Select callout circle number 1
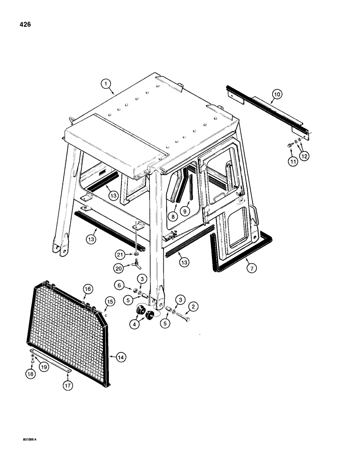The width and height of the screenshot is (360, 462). tap(106, 84)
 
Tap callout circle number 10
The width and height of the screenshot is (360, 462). tap(276, 94)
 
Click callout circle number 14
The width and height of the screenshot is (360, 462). tap(121, 357)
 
